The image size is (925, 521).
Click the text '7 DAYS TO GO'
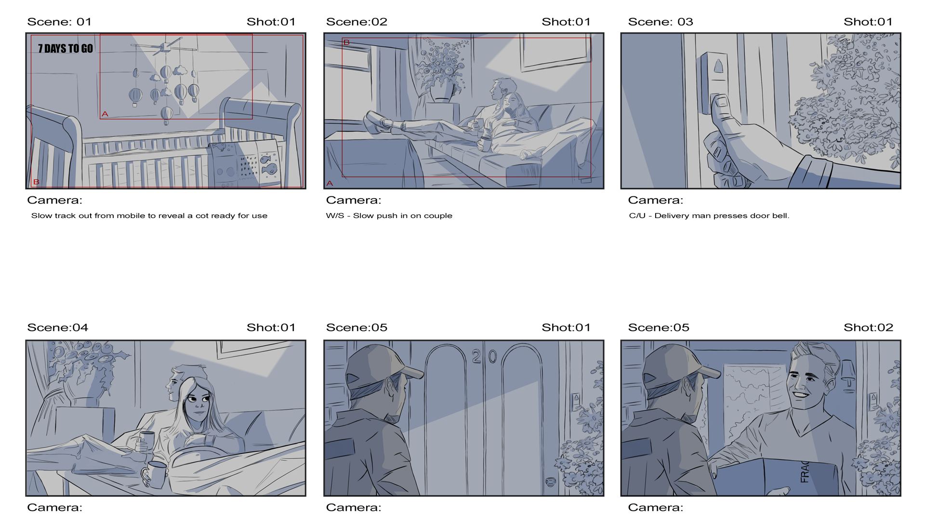point(66,49)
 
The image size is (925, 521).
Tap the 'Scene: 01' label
point(59,22)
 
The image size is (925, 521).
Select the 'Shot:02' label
point(868,328)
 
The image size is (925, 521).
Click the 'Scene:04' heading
point(58,328)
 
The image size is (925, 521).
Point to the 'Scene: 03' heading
point(661,22)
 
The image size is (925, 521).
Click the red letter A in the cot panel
point(105,114)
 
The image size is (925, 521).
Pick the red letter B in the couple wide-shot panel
point(346,42)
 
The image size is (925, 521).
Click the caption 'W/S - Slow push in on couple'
point(389,216)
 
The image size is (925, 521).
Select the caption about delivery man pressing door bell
point(709,216)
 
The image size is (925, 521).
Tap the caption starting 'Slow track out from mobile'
point(149,216)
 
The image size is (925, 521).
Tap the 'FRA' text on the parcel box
point(805,471)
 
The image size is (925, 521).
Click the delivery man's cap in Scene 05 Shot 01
point(383,365)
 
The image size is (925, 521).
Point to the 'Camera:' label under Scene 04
point(54,507)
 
